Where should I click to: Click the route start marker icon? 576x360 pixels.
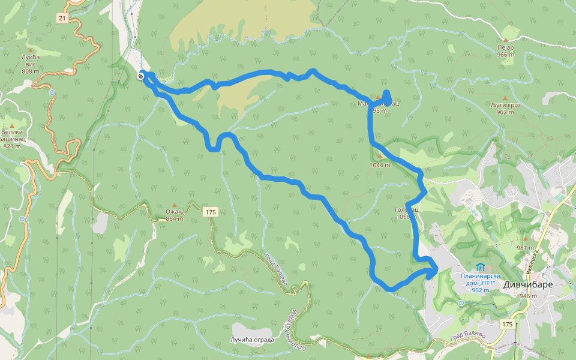[140, 76]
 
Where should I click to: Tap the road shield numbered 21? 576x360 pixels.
[62, 19]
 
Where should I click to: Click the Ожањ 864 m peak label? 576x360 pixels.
[175, 215]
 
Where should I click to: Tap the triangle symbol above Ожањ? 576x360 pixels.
[175, 205]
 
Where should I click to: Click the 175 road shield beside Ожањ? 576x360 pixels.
[209, 212]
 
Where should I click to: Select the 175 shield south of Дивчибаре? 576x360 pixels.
[507, 324]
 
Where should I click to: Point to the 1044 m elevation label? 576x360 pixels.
[380, 165]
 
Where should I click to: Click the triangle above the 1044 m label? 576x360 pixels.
[379, 155]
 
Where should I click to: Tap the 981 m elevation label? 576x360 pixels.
[524, 248]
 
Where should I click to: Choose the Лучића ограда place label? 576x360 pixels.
[252, 340]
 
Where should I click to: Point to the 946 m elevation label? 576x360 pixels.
[528, 296]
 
